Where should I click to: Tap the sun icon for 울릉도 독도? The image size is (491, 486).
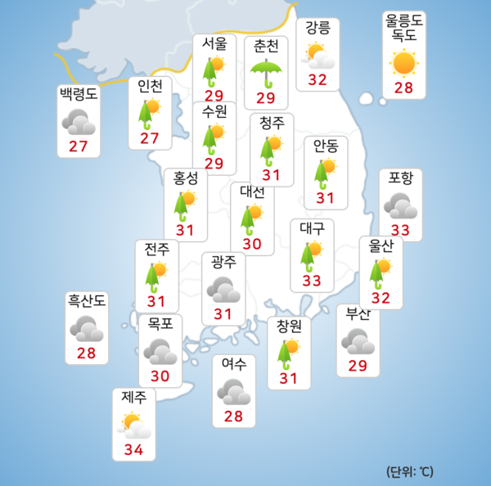pyautogui.click(x=403, y=62)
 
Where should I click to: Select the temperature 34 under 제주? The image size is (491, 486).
pyautogui.click(x=133, y=449)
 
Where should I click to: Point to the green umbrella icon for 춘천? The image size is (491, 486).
pyautogui.click(x=267, y=73)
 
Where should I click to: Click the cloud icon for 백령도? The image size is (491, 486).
pyautogui.click(x=79, y=123)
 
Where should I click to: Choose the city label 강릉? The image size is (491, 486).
pyautogui.click(x=318, y=29)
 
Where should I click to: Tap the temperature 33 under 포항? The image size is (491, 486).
pyautogui.click(x=401, y=231)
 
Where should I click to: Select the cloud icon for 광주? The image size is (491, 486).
pyautogui.click(x=223, y=289)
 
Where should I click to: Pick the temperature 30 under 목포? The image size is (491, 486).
pyautogui.click(x=160, y=376)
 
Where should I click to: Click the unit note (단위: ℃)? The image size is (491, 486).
pyautogui.click(x=410, y=471)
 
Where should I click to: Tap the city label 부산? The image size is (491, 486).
pyautogui.click(x=358, y=313)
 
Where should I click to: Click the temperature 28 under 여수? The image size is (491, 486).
pyautogui.click(x=234, y=417)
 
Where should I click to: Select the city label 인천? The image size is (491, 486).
pyautogui.click(x=150, y=85)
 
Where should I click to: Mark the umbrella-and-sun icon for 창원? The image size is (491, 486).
pyautogui.click(x=288, y=353)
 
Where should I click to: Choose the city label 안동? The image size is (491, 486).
pyautogui.click(x=326, y=146)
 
